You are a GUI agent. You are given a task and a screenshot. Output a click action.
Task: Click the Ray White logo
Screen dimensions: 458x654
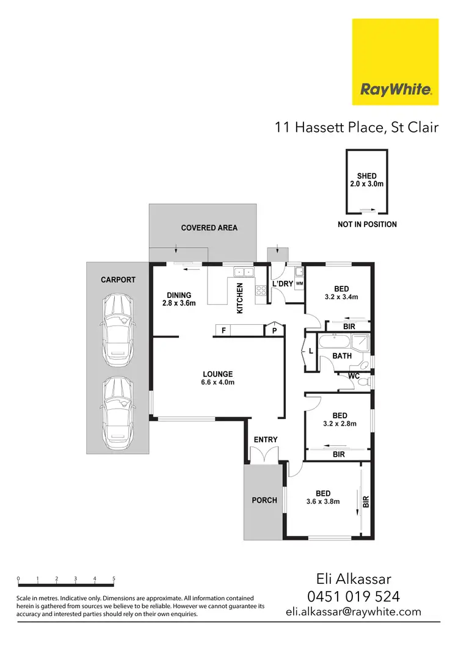pyautogui.click(x=396, y=62)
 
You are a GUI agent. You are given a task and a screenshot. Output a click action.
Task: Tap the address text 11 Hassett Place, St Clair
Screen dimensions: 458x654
pyautogui.click(x=357, y=128)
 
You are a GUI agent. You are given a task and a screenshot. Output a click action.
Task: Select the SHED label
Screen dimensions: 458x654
pyautogui.click(x=367, y=176)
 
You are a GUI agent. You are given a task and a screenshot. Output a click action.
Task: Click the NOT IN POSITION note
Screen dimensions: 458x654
pyautogui.click(x=367, y=224)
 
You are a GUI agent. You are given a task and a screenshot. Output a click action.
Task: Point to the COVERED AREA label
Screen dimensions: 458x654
pyautogui.click(x=209, y=228)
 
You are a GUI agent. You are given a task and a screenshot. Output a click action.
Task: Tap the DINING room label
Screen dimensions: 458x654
pyautogui.click(x=178, y=295)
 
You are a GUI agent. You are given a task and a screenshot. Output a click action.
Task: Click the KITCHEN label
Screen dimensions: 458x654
pyautogui.click(x=240, y=298)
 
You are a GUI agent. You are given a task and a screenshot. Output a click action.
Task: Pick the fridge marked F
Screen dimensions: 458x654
pyautogui.click(x=224, y=330)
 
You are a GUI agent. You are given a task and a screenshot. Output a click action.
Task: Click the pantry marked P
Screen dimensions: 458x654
pyautogui.click(x=275, y=330)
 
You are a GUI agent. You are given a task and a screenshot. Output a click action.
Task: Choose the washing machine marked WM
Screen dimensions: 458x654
pyautogui.click(x=299, y=284)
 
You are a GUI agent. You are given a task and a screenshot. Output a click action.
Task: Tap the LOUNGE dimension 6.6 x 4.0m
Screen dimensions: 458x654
pyautogui.click(x=219, y=382)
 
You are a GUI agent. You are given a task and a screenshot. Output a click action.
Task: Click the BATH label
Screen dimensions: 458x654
pyautogui.click(x=342, y=355)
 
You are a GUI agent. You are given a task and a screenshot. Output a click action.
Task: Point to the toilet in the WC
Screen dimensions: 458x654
pyautogui.click(x=364, y=382)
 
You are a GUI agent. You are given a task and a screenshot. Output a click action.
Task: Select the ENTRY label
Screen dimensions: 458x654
pyautogui.click(x=265, y=439)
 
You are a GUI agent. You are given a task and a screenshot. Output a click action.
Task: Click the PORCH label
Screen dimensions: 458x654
pyautogui.click(x=265, y=500)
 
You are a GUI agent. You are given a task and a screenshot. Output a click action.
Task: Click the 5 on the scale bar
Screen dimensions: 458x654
pyautogui.click(x=114, y=578)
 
